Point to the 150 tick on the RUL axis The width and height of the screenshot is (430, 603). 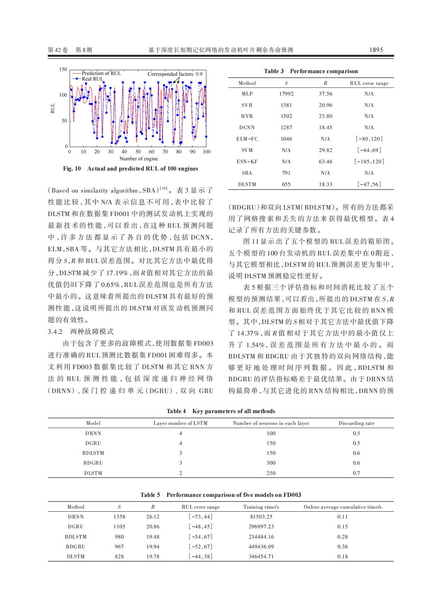tap(63, 69)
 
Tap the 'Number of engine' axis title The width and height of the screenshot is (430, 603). tap(139, 159)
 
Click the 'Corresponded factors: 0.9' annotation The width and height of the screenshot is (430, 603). tap(175, 74)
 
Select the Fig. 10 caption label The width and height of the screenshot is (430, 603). tap(72, 169)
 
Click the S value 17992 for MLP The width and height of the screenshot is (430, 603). tap(286, 94)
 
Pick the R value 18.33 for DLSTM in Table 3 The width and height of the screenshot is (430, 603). tap(325, 184)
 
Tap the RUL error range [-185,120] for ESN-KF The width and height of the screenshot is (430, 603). tap(369, 161)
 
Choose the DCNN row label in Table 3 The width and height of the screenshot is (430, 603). tap(247, 127)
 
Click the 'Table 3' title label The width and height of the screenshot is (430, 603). tap(274, 71)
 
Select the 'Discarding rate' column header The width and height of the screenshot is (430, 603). tap(356, 423)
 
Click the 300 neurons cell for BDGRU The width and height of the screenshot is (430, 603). tap(271, 463)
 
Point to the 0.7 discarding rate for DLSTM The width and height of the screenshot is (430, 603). tap(356, 473)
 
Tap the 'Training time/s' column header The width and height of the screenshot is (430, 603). tap(261, 507)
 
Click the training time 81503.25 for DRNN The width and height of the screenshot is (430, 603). tap(261, 517)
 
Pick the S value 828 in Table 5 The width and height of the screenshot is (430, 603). tap(119, 556)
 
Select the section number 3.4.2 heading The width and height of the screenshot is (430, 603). tap(55, 332)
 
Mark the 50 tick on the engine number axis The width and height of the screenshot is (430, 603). tap(138, 152)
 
